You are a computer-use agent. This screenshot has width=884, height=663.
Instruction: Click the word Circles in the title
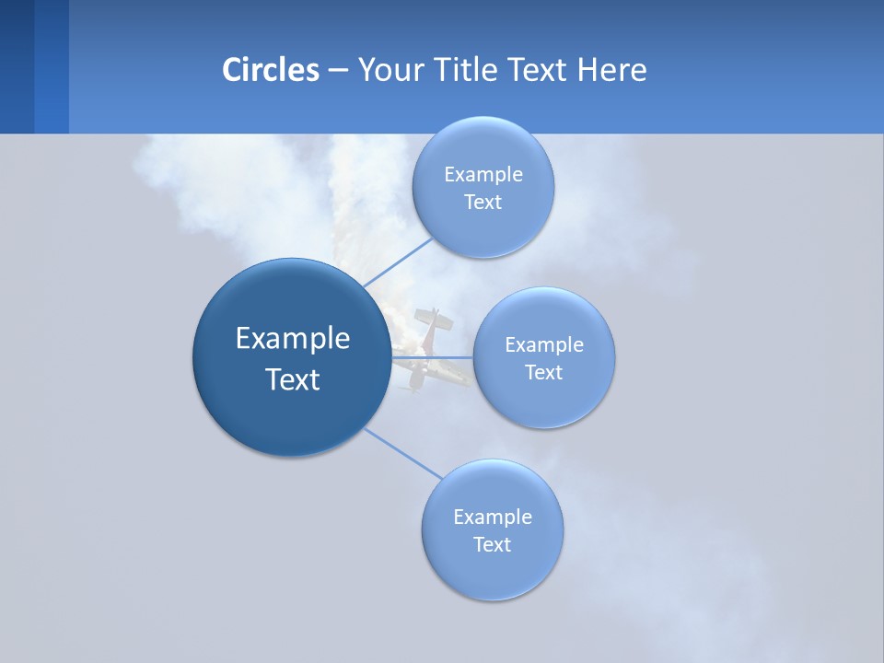(270, 69)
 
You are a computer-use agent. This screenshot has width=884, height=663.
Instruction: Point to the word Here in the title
(611, 69)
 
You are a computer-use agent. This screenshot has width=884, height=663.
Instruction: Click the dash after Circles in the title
(338, 70)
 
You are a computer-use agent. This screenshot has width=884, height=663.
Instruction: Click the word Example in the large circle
(293, 339)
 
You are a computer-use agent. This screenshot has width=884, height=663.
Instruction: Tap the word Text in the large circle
(293, 379)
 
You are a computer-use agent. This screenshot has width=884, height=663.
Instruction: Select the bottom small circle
(492, 576)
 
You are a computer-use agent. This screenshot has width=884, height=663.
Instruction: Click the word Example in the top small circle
(483, 174)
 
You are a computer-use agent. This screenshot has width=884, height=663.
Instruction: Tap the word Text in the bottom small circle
(492, 544)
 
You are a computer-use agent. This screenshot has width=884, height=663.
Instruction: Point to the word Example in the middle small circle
(544, 344)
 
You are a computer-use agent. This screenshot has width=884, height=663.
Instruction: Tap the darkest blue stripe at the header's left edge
(17, 66)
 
